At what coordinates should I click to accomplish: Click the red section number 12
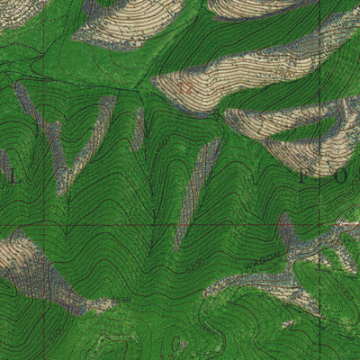(x=186, y=88)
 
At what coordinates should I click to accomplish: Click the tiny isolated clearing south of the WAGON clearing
(x=289, y=322)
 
